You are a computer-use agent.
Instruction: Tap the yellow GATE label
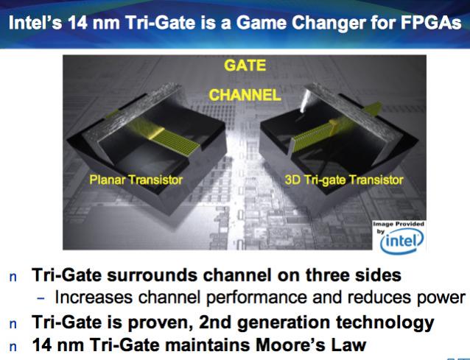click(245, 66)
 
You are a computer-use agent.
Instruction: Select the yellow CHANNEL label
click(245, 95)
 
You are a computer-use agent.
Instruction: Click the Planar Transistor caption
click(136, 180)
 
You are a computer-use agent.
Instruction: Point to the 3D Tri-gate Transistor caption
click(344, 180)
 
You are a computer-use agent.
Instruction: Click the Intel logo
click(401, 241)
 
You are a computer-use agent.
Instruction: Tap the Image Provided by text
click(399, 227)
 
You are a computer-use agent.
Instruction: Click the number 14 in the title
click(78, 23)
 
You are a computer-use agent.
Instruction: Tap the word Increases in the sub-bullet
click(94, 297)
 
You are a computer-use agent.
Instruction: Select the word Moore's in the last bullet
click(290, 345)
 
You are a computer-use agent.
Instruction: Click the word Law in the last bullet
click(348, 345)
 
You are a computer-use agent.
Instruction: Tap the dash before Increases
click(41, 298)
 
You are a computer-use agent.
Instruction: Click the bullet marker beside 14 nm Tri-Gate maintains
click(13, 347)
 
